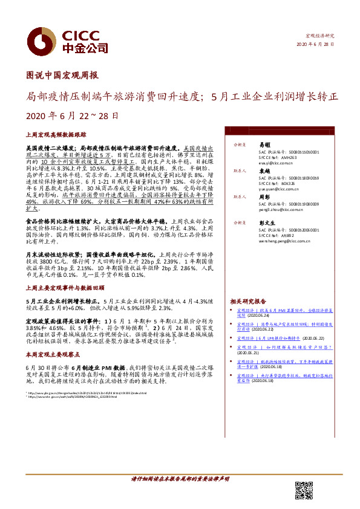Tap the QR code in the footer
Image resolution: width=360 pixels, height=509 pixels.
tap(304, 490)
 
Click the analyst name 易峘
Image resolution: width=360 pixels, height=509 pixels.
tap(264, 146)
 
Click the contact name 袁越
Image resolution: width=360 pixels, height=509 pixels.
tap(264, 171)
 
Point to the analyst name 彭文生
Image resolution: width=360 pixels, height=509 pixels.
tap(266, 222)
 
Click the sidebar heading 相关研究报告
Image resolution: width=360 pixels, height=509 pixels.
tap(249, 300)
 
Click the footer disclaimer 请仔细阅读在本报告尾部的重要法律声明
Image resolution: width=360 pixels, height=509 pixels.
tap(180, 479)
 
